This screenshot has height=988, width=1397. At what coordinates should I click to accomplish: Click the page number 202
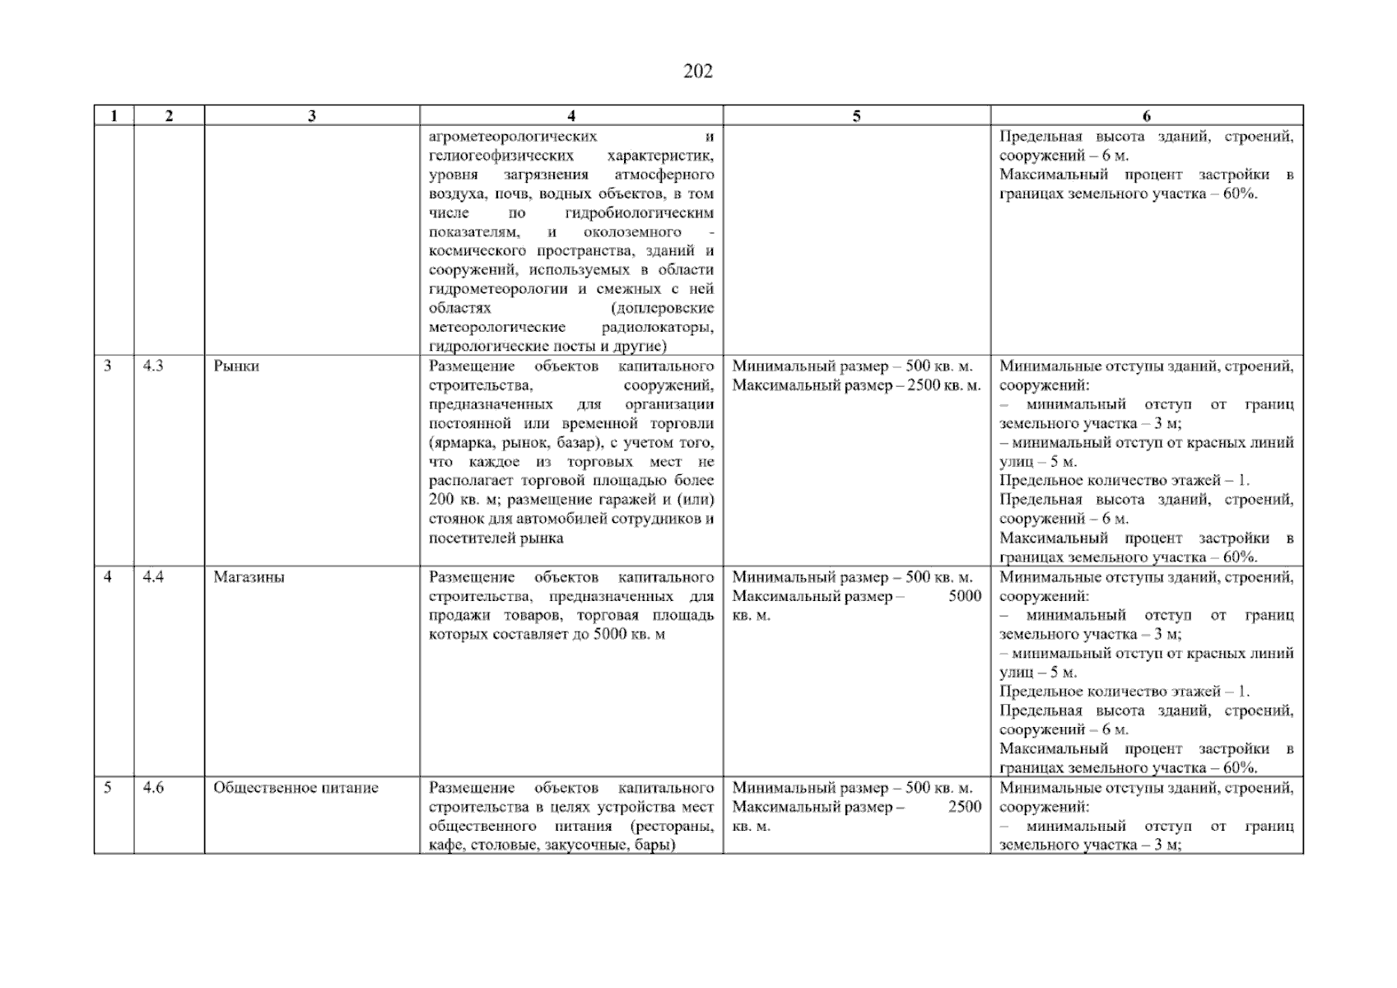697,72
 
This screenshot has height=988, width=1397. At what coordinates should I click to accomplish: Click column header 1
114,116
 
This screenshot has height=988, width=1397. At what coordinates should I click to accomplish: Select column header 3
311,116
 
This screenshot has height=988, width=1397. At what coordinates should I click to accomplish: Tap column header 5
856,116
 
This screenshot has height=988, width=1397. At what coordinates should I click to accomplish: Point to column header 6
1146,116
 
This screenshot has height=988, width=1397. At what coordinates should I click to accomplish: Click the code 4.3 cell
153,366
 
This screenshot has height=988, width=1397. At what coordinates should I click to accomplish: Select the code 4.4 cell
153,577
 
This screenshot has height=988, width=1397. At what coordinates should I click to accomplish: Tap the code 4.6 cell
153,788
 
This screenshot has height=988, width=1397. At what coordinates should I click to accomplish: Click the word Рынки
236,366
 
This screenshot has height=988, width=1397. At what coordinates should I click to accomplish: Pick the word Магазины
249,577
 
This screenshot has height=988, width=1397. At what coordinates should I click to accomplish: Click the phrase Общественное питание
296,788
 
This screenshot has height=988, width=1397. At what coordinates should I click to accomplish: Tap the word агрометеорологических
513,137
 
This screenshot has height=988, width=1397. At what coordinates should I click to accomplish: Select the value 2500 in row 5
964,807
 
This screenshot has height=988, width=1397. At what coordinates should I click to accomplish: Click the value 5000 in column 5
964,596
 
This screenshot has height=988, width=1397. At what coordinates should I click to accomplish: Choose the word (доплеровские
662,309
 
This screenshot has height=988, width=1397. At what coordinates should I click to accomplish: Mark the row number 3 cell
108,366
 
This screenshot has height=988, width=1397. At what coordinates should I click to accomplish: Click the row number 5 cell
108,788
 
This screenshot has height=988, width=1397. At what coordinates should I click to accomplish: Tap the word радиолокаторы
657,328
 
